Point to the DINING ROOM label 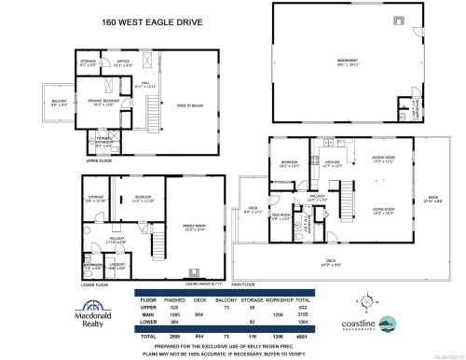coord(385,159)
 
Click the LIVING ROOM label coord(385,210)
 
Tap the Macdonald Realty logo coord(66,322)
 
